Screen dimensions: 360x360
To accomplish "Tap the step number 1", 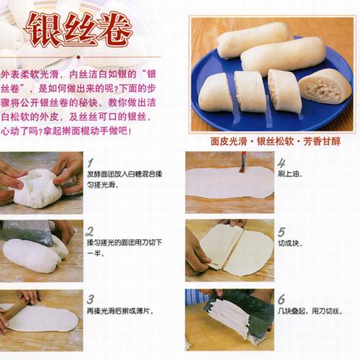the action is (90, 163).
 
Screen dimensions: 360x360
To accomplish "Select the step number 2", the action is (89, 231).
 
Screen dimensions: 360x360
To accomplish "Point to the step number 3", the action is (90, 300).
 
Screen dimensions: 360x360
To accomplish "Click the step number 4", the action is (282, 163).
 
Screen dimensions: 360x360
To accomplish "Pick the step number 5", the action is (282, 232).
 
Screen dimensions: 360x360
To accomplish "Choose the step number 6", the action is (282, 300).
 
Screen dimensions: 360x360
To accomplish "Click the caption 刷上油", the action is (290, 174).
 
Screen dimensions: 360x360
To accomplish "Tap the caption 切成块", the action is (290, 243).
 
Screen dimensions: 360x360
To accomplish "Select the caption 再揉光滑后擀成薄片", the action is (120, 311).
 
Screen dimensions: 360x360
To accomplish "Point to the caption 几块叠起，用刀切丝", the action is (310, 311).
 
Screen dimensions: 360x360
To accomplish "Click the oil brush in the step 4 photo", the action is (243, 162).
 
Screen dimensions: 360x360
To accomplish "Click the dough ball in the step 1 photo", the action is (37, 189).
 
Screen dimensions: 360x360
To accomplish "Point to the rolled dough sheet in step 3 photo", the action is (42, 319).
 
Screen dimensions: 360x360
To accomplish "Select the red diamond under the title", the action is (78, 57).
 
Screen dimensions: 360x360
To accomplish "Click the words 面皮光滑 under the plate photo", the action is (229, 141).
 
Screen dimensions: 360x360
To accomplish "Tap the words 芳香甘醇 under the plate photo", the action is (322, 141).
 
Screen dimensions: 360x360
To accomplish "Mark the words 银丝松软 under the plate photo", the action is (276, 141).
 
